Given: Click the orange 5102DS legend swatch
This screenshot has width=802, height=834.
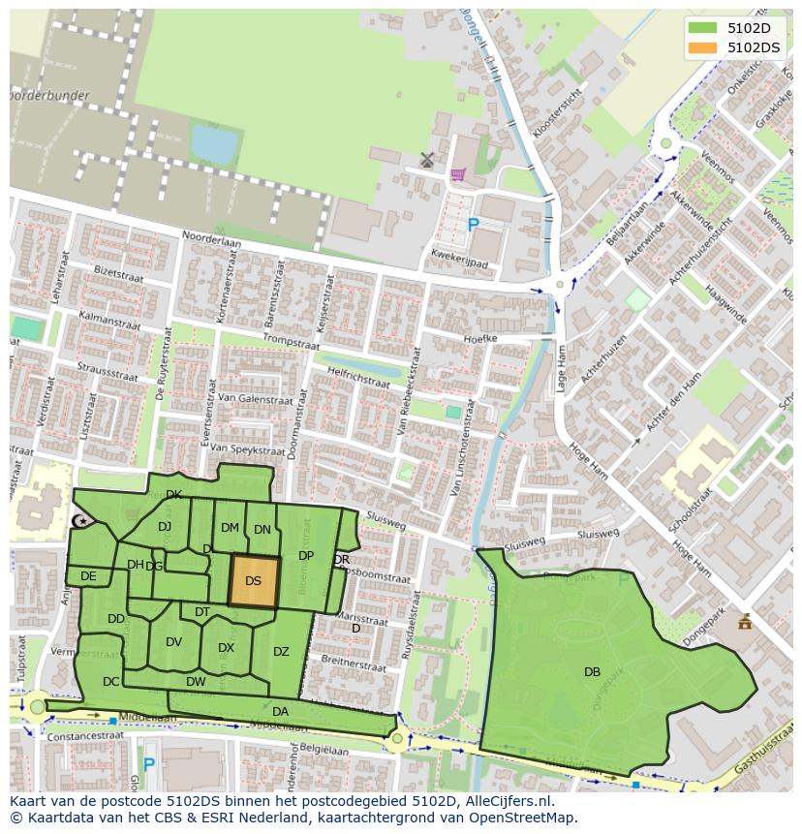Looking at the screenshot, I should (x=703, y=46).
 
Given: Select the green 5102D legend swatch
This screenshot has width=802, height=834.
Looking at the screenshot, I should (x=703, y=28).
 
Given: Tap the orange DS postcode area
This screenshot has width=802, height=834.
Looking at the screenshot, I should (x=254, y=581).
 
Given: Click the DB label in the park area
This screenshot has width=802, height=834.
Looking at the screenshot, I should (x=592, y=671).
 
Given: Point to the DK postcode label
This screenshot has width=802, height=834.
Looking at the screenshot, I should (x=173, y=495).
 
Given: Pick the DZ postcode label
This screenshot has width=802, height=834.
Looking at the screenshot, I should (x=281, y=652).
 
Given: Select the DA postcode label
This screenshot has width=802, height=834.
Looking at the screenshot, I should (x=280, y=711).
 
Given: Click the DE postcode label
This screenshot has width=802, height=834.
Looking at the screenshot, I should (x=88, y=576).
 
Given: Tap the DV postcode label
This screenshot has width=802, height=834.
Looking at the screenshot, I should (x=173, y=642).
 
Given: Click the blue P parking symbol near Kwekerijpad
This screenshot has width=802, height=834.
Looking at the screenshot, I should (x=473, y=225).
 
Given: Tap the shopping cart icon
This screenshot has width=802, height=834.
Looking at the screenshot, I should (x=457, y=174).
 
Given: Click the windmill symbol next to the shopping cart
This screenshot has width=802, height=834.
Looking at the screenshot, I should (x=427, y=159).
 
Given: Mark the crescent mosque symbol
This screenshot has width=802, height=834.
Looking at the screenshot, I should (x=81, y=521).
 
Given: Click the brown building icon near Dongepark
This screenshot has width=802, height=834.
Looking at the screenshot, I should (x=744, y=622).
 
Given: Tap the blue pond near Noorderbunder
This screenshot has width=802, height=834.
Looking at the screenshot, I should (x=214, y=145).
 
